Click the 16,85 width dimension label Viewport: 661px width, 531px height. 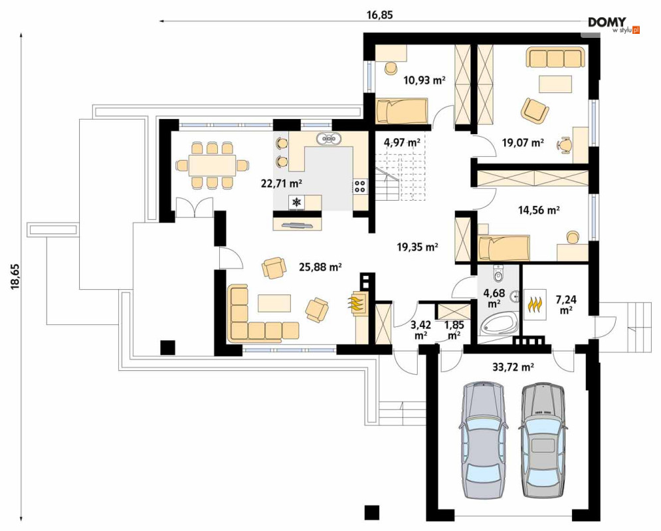click(x=380, y=15)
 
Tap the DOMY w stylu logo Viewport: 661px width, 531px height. click(x=614, y=25)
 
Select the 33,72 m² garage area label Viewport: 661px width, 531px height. click(x=513, y=368)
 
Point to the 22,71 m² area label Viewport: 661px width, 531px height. click(x=282, y=183)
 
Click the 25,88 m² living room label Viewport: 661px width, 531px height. click(x=320, y=266)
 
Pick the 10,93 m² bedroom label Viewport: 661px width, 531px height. click(x=425, y=80)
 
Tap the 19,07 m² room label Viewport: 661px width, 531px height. click(x=523, y=143)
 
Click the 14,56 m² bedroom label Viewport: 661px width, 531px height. click(x=539, y=209)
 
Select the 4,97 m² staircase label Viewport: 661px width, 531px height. click(x=402, y=142)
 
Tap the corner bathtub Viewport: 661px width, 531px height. click(x=500, y=324)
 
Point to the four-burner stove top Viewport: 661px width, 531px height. click(x=361, y=186)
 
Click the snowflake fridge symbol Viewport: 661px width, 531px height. click(x=297, y=203)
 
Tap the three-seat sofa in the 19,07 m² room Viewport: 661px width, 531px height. click(x=555, y=57)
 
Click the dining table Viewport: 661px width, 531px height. click(x=212, y=165)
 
